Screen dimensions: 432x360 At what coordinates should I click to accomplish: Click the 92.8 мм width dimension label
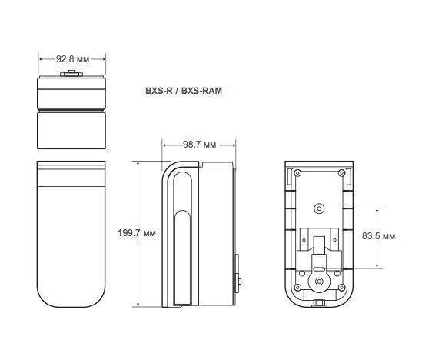pyautogui.click(x=73, y=59)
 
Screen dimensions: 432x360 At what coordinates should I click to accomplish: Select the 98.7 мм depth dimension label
pyautogui.click(x=199, y=145)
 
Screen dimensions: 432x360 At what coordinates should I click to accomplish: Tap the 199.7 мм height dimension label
pyautogui.click(x=137, y=233)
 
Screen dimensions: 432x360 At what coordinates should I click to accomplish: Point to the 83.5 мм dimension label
pyautogui.click(x=378, y=236)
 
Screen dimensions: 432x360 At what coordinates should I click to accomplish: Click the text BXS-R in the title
pyautogui.click(x=159, y=91)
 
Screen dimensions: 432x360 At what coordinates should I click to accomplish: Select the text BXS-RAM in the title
pyautogui.click(x=201, y=91)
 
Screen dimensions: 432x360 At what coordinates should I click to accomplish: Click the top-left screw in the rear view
pyautogui.click(x=297, y=173)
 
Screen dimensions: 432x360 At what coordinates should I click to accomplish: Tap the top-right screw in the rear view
pyautogui.click(x=341, y=173)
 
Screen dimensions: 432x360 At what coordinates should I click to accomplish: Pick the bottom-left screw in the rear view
pyautogui.click(x=297, y=288)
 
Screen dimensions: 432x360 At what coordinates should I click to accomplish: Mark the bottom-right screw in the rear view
pyautogui.click(x=341, y=288)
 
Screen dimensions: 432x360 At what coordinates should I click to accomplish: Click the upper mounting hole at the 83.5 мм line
pyautogui.click(x=319, y=208)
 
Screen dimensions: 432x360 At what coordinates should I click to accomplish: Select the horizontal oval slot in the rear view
pyautogui.click(x=319, y=268)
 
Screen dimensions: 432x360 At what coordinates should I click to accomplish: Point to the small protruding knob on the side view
pyautogui.click(x=240, y=282)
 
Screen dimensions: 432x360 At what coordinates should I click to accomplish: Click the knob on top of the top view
pyautogui.click(x=71, y=73)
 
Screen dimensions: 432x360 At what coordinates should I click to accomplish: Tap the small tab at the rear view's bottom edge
pyautogui.click(x=319, y=303)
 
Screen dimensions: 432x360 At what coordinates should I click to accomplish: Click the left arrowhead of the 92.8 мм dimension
pyautogui.click(x=41, y=59)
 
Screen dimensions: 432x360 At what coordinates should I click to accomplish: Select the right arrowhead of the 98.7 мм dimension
pyautogui.click(x=233, y=145)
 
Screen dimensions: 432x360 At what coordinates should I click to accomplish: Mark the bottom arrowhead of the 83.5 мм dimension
pyautogui.click(x=377, y=265)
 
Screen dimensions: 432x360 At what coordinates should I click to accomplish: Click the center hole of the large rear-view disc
pyautogui.click(x=319, y=282)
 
